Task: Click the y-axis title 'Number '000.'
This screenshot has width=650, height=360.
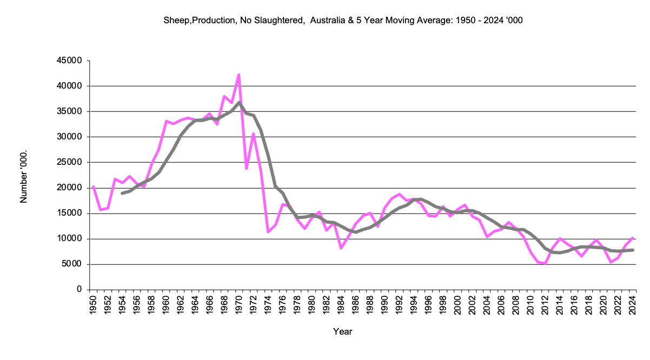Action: (23, 176)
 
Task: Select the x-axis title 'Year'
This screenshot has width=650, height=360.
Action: (342, 331)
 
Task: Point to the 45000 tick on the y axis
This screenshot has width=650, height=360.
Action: (70, 61)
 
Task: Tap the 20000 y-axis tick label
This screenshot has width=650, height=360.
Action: (70, 188)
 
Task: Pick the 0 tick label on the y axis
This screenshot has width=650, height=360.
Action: (78, 290)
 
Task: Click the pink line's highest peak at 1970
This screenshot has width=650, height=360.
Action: (238, 75)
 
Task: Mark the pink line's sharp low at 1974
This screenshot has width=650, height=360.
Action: (268, 232)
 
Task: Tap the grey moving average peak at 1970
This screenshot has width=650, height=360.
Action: (239, 102)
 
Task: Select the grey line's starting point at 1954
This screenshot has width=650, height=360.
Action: (122, 193)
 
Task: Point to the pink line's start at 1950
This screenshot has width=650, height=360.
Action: (93, 186)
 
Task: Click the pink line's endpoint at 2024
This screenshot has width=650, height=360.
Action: (633, 238)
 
